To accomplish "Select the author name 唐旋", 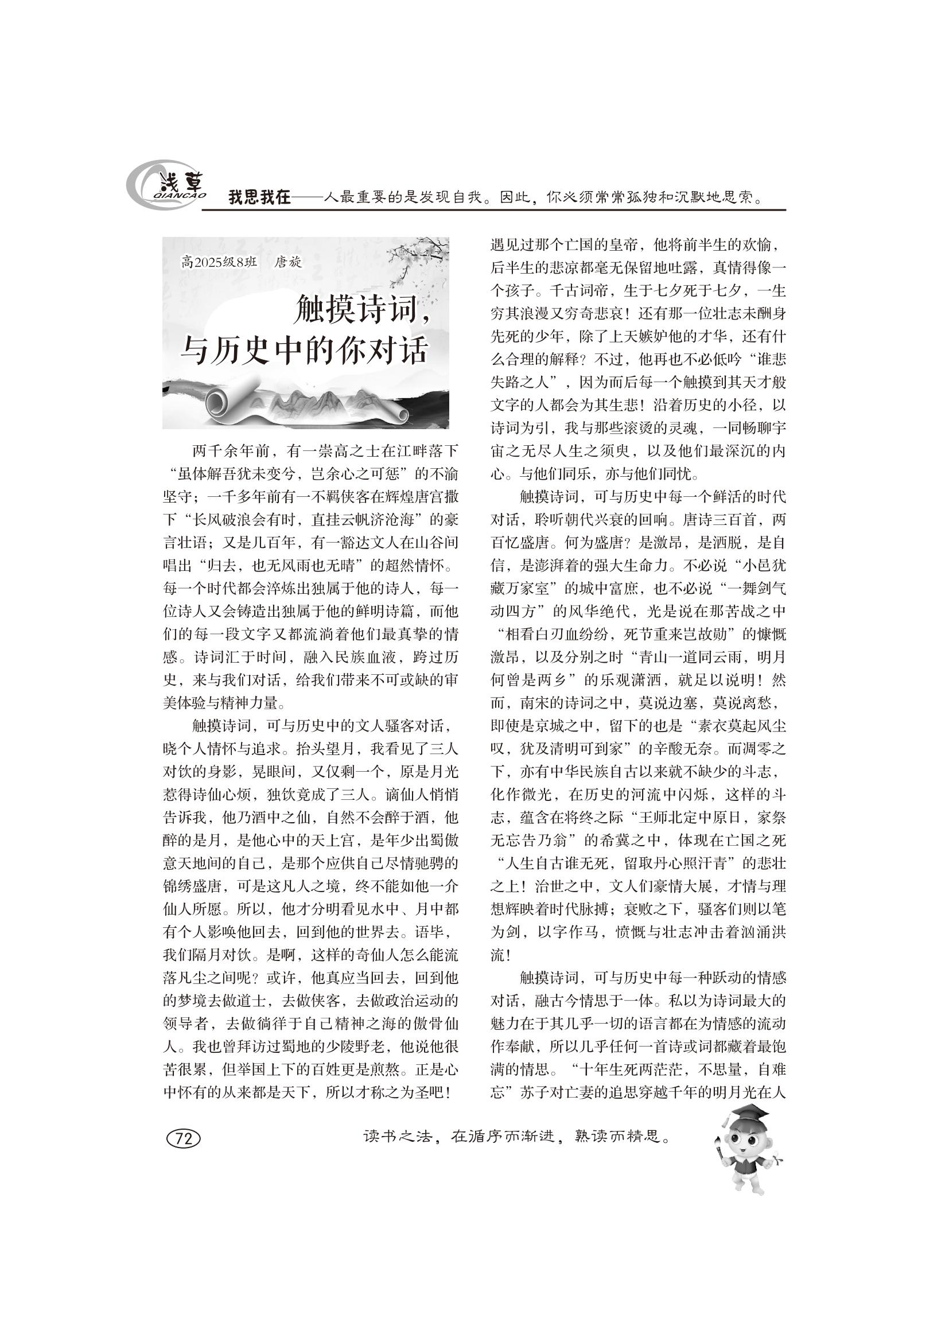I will (288, 262).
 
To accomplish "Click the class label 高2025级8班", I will (219, 262).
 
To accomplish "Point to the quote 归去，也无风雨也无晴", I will (281, 565).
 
